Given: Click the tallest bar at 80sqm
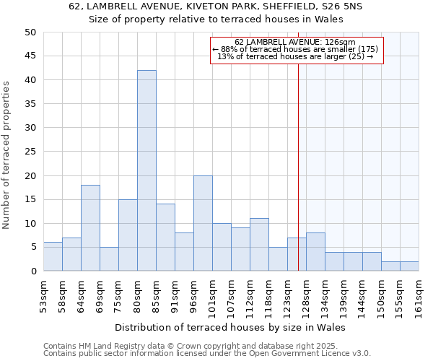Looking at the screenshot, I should click(x=146, y=170).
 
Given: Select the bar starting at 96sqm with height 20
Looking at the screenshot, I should click(x=203, y=223).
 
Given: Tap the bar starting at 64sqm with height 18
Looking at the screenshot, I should click(x=90, y=228).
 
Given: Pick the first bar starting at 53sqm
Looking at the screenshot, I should click(x=53, y=256).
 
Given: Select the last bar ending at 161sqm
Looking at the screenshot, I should click(x=409, y=266).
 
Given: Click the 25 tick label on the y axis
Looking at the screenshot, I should click(x=30, y=152).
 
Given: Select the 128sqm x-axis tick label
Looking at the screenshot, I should click(x=306, y=295).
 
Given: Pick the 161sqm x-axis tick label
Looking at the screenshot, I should click(x=419, y=295).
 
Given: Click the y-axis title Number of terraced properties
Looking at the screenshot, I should click(x=6, y=155).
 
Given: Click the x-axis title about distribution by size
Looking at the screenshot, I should click(x=230, y=327).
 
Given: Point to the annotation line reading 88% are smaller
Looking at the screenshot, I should click(x=296, y=49).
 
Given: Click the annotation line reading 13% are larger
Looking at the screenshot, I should click(x=296, y=56).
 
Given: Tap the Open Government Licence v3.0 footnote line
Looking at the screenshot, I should click(x=207, y=354).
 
